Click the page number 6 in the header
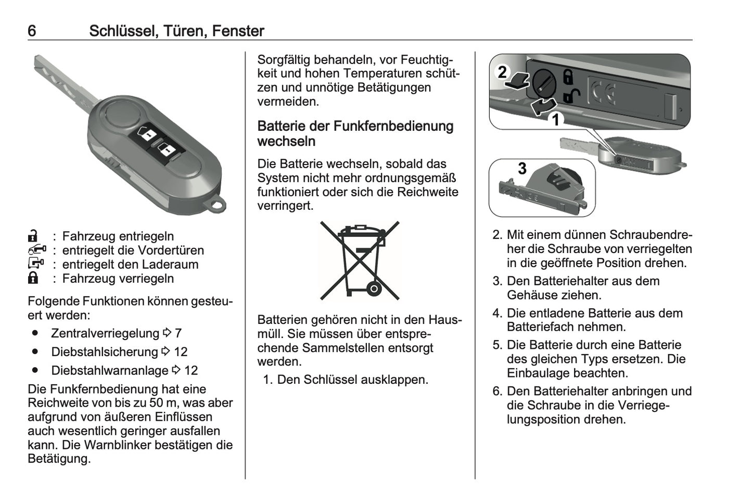pyautogui.click(x=32, y=31)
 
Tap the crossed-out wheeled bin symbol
pyautogui.click(x=359, y=260)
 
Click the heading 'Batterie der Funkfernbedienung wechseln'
pyautogui.click(x=355, y=134)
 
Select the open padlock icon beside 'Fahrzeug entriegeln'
pyautogui.click(x=33, y=236)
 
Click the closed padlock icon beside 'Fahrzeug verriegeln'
pyautogui.click(x=33, y=278)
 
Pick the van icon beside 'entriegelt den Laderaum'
pyautogui.click(x=36, y=264)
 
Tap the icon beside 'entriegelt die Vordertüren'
pyautogui.click(x=37, y=250)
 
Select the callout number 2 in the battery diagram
pyautogui.click(x=502, y=72)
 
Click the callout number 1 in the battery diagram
pyautogui.click(x=555, y=120)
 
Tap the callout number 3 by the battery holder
pyautogui.click(x=522, y=168)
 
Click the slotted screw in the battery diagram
pyautogui.click(x=544, y=83)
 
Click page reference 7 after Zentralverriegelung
pyautogui.click(x=178, y=333)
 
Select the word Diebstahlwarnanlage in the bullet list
pyautogui.click(x=109, y=371)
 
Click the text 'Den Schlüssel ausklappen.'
pyautogui.click(x=352, y=380)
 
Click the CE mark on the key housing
pyautogui.click(x=603, y=94)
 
